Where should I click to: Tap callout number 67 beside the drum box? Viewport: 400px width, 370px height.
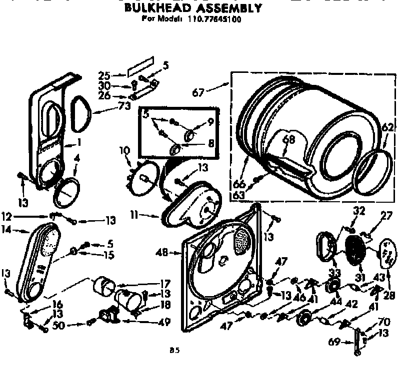tap(199, 92)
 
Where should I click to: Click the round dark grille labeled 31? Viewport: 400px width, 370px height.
tap(355, 249)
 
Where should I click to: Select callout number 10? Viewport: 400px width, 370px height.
tap(124, 149)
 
